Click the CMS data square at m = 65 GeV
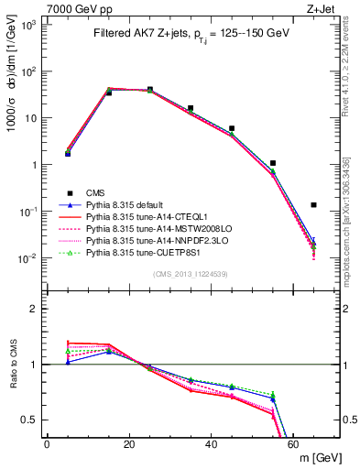click(x=313, y=205)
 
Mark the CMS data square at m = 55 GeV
click(x=273, y=163)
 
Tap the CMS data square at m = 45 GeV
click(x=232, y=128)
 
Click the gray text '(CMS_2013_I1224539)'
click(x=190, y=272)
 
